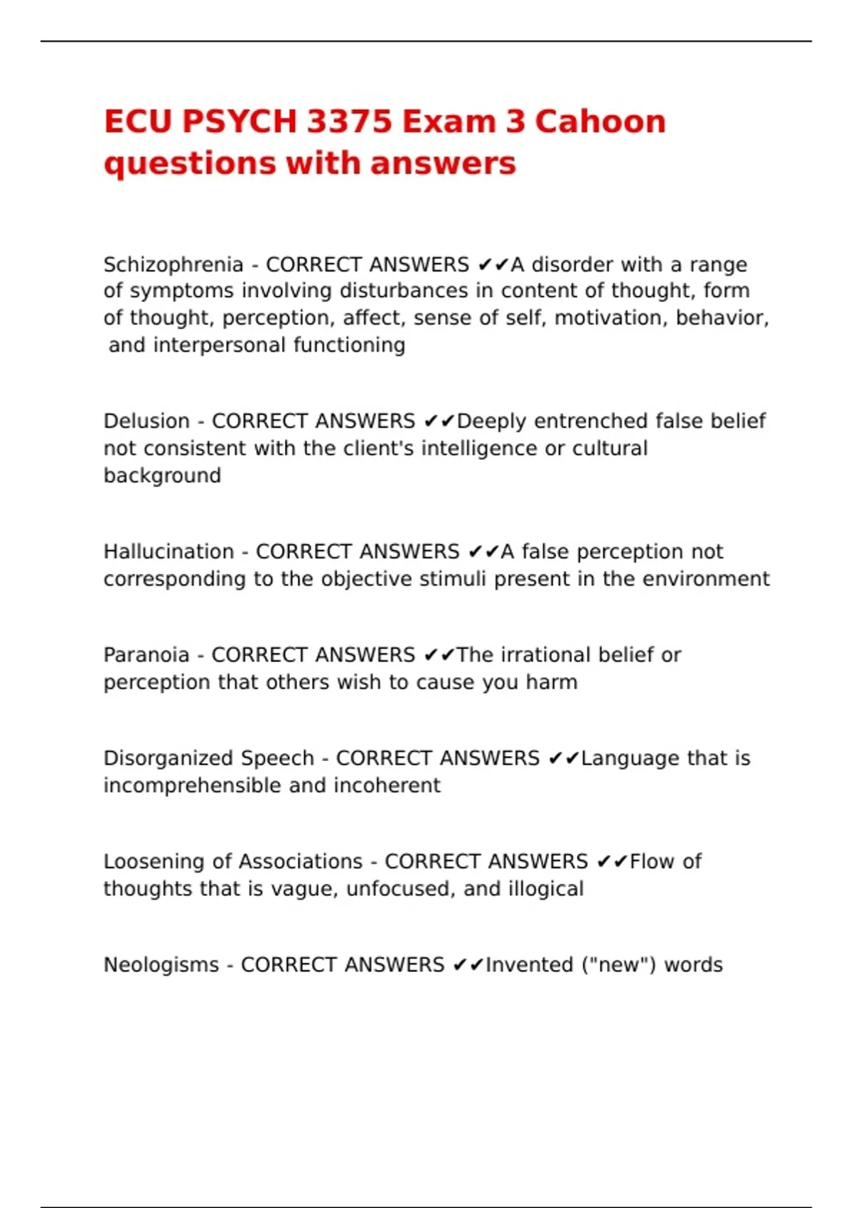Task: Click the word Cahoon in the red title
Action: pyautogui.click(x=600, y=122)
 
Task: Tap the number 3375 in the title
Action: pyautogui.click(x=348, y=122)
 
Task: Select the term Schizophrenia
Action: pyautogui.click(x=173, y=265)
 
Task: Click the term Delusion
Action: pyautogui.click(x=146, y=421)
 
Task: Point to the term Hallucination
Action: pyautogui.click(x=168, y=552)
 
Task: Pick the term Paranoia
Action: pyautogui.click(x=146, y=655)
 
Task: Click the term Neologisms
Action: pyautogui.click(x=161, y=965)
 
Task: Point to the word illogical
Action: pyautogui.click(x=545, y=889)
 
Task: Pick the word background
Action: pyautogui.click(x=162, y=475)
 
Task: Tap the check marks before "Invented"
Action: pyautogui.click(x=468, y=965)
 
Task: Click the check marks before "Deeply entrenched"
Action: pyautogui.click(x=439, y=421)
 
